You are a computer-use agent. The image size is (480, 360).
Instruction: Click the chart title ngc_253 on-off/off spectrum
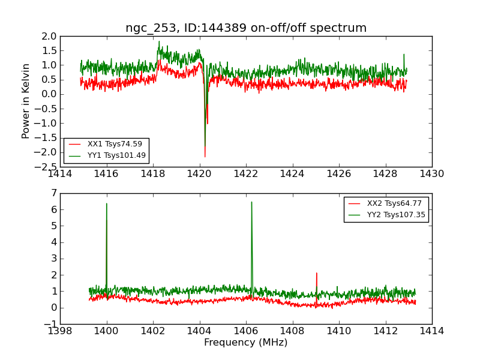pos(246,28)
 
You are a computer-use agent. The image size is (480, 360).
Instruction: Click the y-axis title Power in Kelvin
pos(26,101)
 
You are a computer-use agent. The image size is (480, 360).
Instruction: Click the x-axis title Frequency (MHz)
pos(246,343)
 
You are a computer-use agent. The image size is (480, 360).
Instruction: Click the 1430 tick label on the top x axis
pos(431,175)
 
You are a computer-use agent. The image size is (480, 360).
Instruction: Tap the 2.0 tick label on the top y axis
pos(50,36)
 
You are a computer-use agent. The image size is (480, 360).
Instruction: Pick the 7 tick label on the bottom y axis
pos(53,193)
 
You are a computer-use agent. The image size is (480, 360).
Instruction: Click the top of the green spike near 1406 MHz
pos(251,202)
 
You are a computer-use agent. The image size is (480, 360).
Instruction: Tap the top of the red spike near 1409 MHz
pos(316,273)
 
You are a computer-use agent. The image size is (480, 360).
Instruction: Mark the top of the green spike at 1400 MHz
pos(107,203)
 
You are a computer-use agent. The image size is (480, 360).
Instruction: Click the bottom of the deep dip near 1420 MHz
pos(205,157)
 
